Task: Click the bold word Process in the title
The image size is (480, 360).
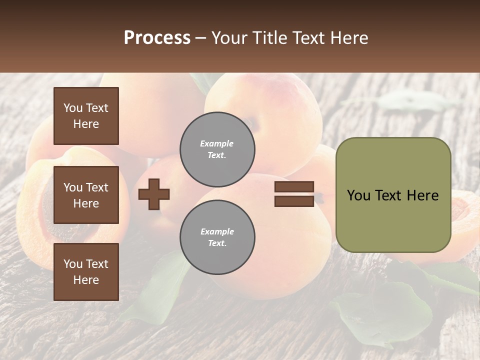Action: coord(157,38)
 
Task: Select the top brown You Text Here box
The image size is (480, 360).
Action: coord(86,116)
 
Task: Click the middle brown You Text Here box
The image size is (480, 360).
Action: coord(86,195)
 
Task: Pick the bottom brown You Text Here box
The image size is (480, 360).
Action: coord(86,272)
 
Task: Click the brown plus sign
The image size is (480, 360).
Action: coord(154,194)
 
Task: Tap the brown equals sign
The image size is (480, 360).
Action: coord(294,194)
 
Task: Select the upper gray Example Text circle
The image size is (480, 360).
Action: coord(217,149)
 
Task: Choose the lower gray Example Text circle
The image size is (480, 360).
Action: coord(217,237)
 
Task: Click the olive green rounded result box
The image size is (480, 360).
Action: coord(393,195)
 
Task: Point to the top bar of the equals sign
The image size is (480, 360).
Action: coord(294,187)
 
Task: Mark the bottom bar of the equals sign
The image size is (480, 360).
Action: coord(294,201)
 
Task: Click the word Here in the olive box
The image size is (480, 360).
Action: coord(422,195)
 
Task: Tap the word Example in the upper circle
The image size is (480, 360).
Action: coord(216,144)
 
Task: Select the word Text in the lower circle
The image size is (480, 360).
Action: coord(216,243)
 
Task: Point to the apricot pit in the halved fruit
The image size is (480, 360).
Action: coord(47,210)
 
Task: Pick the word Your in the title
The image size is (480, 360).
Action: coord(228,38)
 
